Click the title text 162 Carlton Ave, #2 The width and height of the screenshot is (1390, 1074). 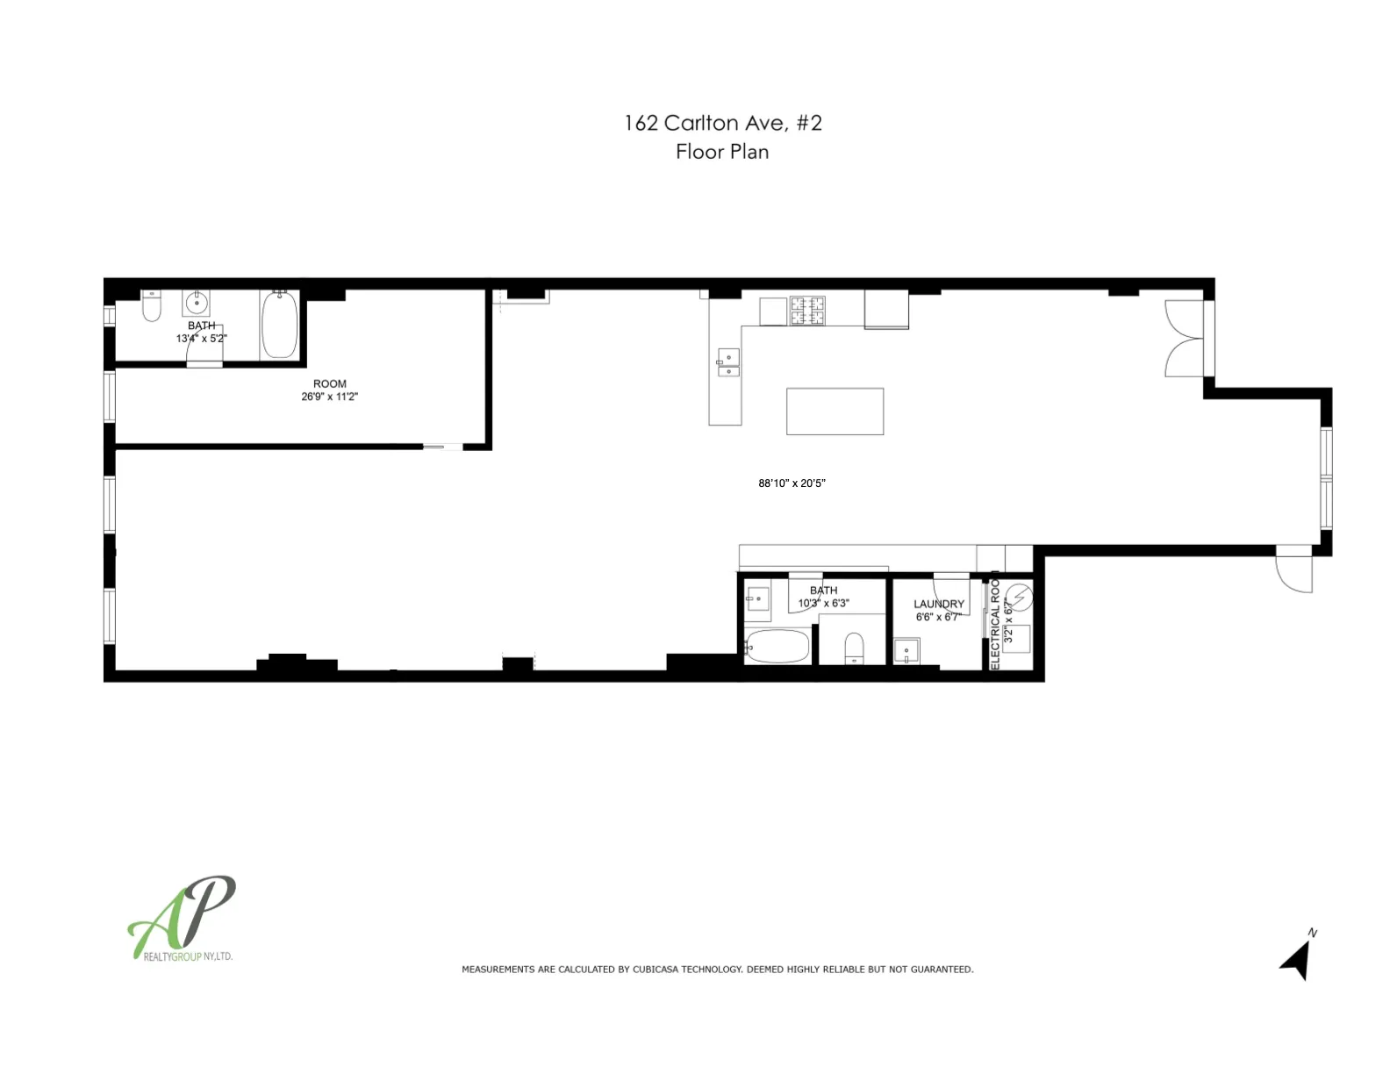point(722,123)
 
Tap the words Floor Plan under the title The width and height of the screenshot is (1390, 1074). point(722,152)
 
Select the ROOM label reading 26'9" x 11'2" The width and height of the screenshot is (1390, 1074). point(329,390)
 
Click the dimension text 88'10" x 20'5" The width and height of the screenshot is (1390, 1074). point(792,483)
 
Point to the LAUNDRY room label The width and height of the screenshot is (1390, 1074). point(938,605)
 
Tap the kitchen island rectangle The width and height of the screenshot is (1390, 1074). point(835,412)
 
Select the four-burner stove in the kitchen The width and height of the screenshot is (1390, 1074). point(807,311)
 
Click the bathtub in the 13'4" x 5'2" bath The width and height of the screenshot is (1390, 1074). point(280,325)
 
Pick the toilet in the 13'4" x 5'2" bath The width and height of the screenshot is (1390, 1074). point(152,305)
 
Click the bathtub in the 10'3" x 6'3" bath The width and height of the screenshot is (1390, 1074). point(777,647)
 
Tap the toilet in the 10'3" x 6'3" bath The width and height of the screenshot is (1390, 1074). point(854,649)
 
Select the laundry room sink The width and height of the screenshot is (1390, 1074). point(906,652)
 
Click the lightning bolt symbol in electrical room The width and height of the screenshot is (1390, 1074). point(1019,598)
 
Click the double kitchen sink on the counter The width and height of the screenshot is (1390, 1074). point(728,363)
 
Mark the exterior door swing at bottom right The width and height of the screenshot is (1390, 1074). point(1293,572)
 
